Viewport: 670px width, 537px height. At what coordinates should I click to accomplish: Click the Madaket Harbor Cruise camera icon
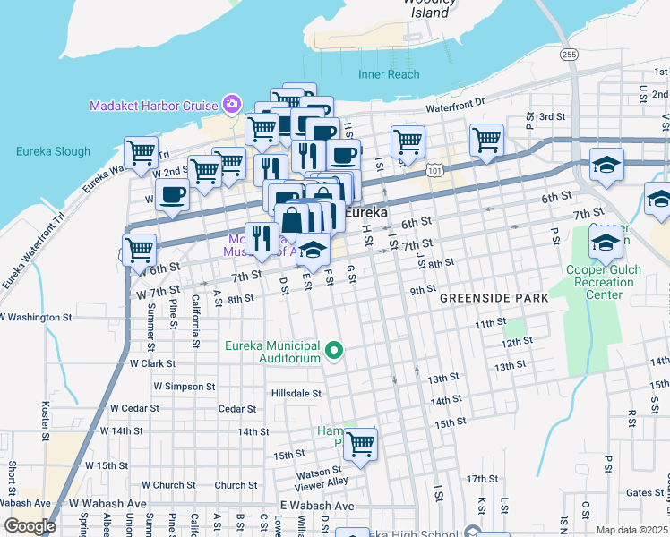point(232,105)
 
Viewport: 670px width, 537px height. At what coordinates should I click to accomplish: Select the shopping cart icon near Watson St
point(360,444)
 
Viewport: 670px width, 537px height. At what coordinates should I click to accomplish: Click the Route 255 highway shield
point(570,55)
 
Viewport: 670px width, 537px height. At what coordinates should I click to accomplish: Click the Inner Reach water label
point(389,74)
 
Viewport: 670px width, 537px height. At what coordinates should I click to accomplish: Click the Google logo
point(30,525)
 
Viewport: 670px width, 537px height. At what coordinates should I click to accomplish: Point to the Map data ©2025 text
point(631,530)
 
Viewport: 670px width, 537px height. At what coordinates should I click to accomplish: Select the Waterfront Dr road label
point(454,106)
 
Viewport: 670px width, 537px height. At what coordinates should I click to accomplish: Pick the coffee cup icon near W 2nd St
point(172,194)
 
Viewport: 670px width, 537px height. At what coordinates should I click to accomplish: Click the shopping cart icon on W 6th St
point(139,251)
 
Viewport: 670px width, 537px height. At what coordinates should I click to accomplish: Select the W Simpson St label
point(184,386)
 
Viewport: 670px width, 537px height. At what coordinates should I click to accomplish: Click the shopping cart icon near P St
point(486,139)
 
